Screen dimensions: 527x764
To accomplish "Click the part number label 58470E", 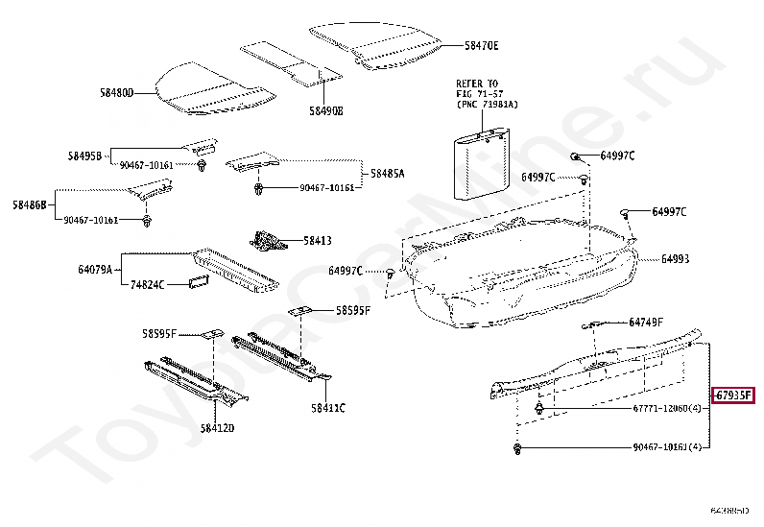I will [482, 45].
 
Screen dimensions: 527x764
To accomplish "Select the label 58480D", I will [116, 93].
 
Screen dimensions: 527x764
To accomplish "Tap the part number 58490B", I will [325, 111].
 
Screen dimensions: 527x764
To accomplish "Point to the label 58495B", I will [84, 156].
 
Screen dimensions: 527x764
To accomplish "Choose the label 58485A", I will [388, 174].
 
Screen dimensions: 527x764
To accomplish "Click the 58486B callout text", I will [30, 204].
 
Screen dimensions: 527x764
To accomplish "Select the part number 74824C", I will [148, 285].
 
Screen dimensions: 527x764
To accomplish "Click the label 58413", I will [318, 241].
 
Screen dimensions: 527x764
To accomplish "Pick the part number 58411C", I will [327, 408].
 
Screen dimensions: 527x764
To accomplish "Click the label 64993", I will [674, 259].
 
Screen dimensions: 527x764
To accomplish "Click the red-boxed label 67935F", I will [732, 395].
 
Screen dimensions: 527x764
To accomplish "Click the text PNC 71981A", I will [486, 104].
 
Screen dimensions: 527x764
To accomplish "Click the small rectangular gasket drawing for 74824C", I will [199, 282].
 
